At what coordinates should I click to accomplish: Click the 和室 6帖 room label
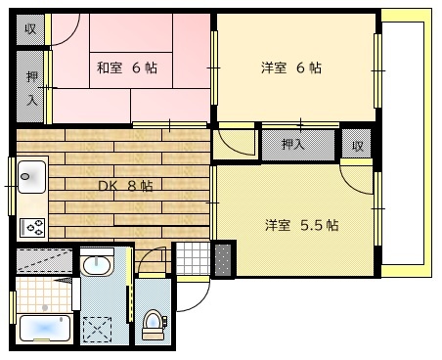(127, 68)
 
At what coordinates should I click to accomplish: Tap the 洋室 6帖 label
(291, 68)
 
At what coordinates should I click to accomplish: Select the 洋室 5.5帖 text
(301, 225)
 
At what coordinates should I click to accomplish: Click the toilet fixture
(152, 322)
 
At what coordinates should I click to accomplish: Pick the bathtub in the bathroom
(43, 327)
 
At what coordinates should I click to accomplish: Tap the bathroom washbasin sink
(96, 267)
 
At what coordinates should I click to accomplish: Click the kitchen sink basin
(30, 177)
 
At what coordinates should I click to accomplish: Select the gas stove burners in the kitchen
(32, 227)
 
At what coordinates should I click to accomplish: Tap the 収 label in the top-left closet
(30, 28)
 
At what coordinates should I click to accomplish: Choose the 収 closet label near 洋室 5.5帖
(358, 146)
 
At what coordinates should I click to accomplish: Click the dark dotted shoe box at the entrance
(225, 259)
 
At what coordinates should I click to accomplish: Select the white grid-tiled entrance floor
(192, 258)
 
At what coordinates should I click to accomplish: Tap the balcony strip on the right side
(402, 137)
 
